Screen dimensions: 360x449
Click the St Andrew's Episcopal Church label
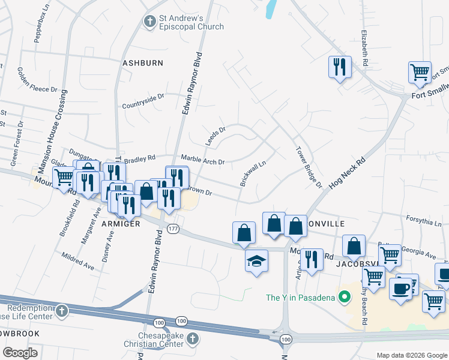[x=191, y=22]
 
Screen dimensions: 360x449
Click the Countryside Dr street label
[x=143, y=101]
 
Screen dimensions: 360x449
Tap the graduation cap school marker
[x=256, y=261]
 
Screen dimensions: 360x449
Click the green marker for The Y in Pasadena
[x=344, y=297]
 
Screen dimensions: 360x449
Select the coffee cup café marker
[x=400, y=289]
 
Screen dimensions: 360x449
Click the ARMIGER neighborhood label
[x=121, y=223]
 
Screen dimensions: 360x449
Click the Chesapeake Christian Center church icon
[x=192, y=338]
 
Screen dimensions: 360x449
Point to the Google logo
[x=20, y=353]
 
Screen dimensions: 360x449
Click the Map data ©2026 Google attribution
[x=411, y=355]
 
